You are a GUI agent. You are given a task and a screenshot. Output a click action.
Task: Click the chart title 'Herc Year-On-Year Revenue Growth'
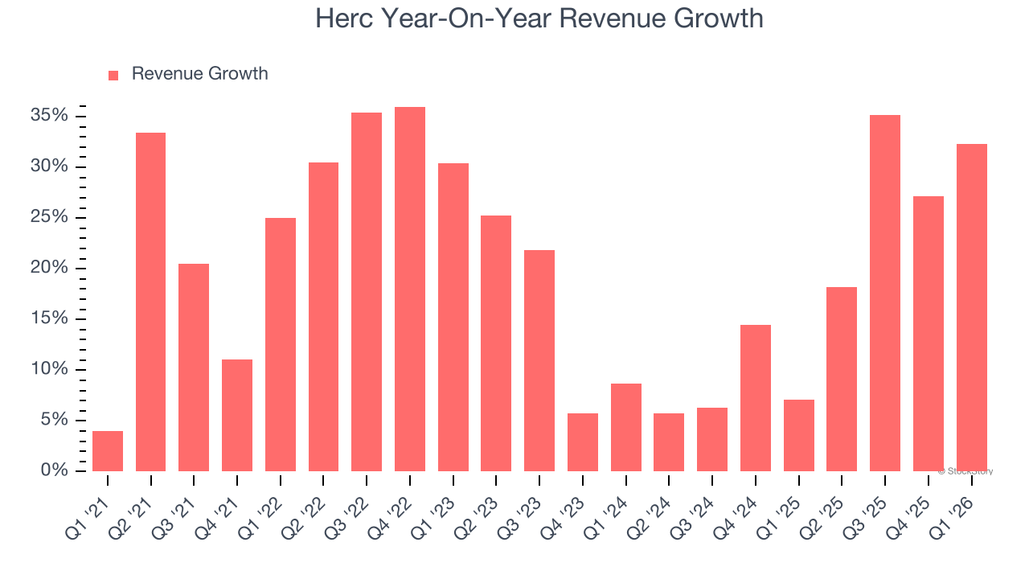(x=539, y=18)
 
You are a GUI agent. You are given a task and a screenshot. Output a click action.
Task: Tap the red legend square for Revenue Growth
(x=113, y=75)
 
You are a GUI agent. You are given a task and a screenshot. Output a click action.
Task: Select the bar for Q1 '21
(x=108, y=451)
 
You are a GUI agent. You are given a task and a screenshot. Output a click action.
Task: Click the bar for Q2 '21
(x=150, y=302)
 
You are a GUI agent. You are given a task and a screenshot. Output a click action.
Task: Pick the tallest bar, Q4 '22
(x=410, y=289)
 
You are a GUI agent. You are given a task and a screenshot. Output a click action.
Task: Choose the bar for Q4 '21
(x=237, y=415)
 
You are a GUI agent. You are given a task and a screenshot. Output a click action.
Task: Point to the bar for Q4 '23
(x=583, y=442)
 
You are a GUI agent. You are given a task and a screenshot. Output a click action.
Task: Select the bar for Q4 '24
(x=756, y=398)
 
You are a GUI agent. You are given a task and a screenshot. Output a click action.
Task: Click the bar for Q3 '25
(x=885, y=293)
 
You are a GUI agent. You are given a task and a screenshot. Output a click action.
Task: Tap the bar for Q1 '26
(x=971, y=307)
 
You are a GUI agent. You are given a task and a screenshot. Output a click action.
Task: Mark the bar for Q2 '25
(x=842, y=379)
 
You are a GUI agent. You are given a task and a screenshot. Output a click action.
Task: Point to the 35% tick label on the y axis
(x=49, y=116)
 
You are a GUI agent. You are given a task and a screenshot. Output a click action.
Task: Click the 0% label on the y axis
(x=54, y=470)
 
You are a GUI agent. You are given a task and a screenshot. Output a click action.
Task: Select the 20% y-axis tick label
(x=49, y=268)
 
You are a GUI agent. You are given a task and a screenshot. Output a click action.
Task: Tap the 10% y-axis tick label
(x=49, y=369)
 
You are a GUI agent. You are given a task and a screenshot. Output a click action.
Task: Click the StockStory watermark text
(x=965, y=471)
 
